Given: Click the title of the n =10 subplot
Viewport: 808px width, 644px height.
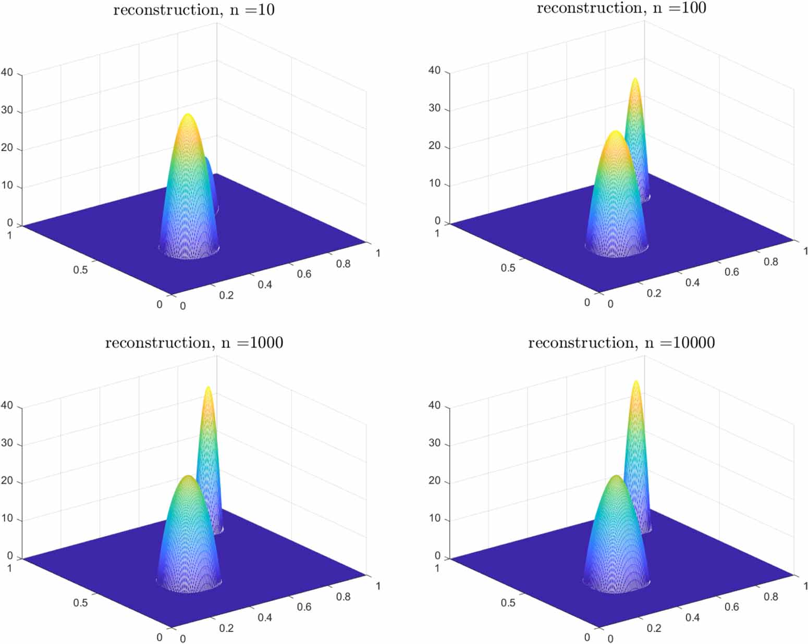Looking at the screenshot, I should click(194, 10).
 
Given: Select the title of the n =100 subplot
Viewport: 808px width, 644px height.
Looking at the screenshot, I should click(621, 8).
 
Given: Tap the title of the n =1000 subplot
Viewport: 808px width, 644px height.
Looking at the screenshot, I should click(194, 343).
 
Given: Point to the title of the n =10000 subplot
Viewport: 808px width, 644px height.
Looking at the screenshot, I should click(621, 343).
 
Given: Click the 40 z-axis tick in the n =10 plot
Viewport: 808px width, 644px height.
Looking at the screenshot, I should click(7, 72).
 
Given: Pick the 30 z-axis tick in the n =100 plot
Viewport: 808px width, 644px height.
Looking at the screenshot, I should click(434, 108).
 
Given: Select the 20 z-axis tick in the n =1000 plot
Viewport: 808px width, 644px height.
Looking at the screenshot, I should click(7, 481).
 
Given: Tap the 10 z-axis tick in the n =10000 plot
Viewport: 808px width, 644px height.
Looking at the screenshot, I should click(434, 518).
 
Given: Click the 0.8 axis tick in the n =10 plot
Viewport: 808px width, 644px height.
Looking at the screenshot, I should click(343, 264).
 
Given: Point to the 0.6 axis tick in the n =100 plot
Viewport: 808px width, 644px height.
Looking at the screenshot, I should click(731, 272).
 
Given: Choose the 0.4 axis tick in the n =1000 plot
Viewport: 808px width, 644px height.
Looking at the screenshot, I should click(265, 617).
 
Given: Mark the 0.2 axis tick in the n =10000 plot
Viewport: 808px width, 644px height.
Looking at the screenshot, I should click(654, 628).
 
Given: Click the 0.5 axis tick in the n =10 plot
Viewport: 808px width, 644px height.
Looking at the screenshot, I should click(80, 270).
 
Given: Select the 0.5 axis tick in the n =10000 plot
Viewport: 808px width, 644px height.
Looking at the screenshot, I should click(508, 602).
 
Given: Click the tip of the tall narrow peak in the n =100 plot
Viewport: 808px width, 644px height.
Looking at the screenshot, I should click(635, 80).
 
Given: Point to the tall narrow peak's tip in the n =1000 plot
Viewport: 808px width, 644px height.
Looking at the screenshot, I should click(208, 388).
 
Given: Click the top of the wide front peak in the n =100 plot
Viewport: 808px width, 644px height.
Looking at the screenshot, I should click(616, 132).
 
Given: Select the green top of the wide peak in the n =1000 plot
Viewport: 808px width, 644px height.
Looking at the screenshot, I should click(188, 477).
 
